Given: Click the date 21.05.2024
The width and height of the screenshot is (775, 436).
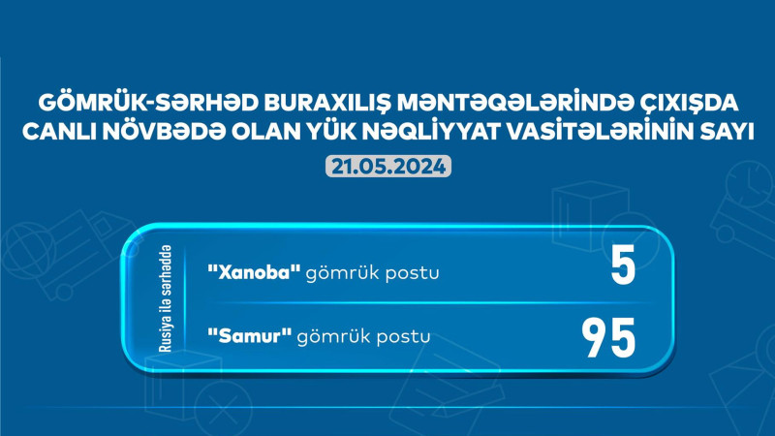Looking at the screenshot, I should pyautogui.click(x=387, y=166).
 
